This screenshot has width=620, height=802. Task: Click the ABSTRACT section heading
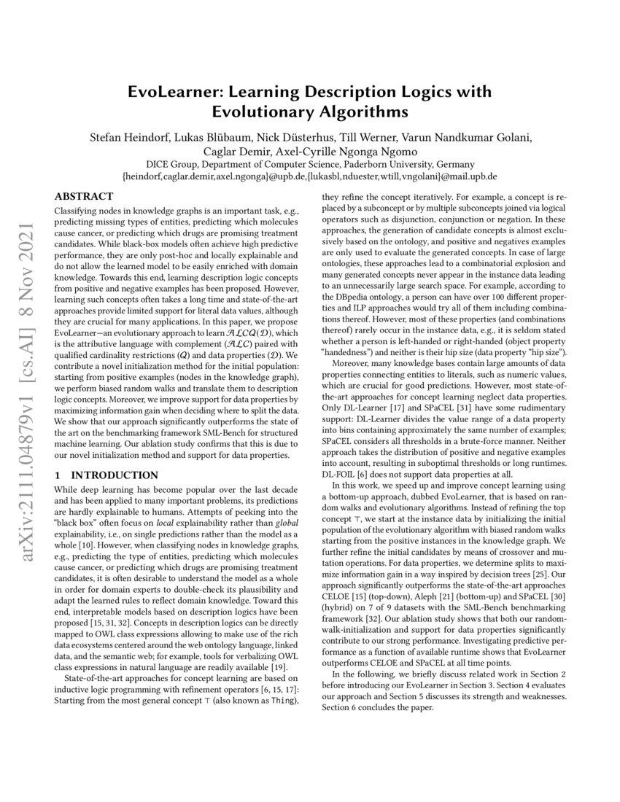[85, 197]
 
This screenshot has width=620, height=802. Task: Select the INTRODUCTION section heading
[101, 475]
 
